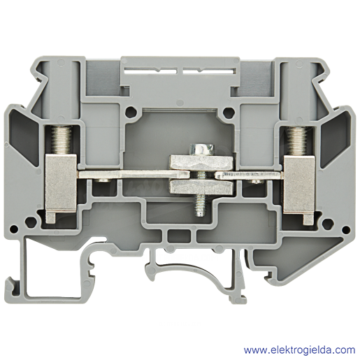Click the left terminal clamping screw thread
(62, 140)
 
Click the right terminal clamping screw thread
(296, 141)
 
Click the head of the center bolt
(202, 150)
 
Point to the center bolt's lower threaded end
(200, 205)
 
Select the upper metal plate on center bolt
(201, 162)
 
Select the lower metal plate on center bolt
(201, 187)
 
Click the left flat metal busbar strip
(134, 175)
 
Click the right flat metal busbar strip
(249, 175)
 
